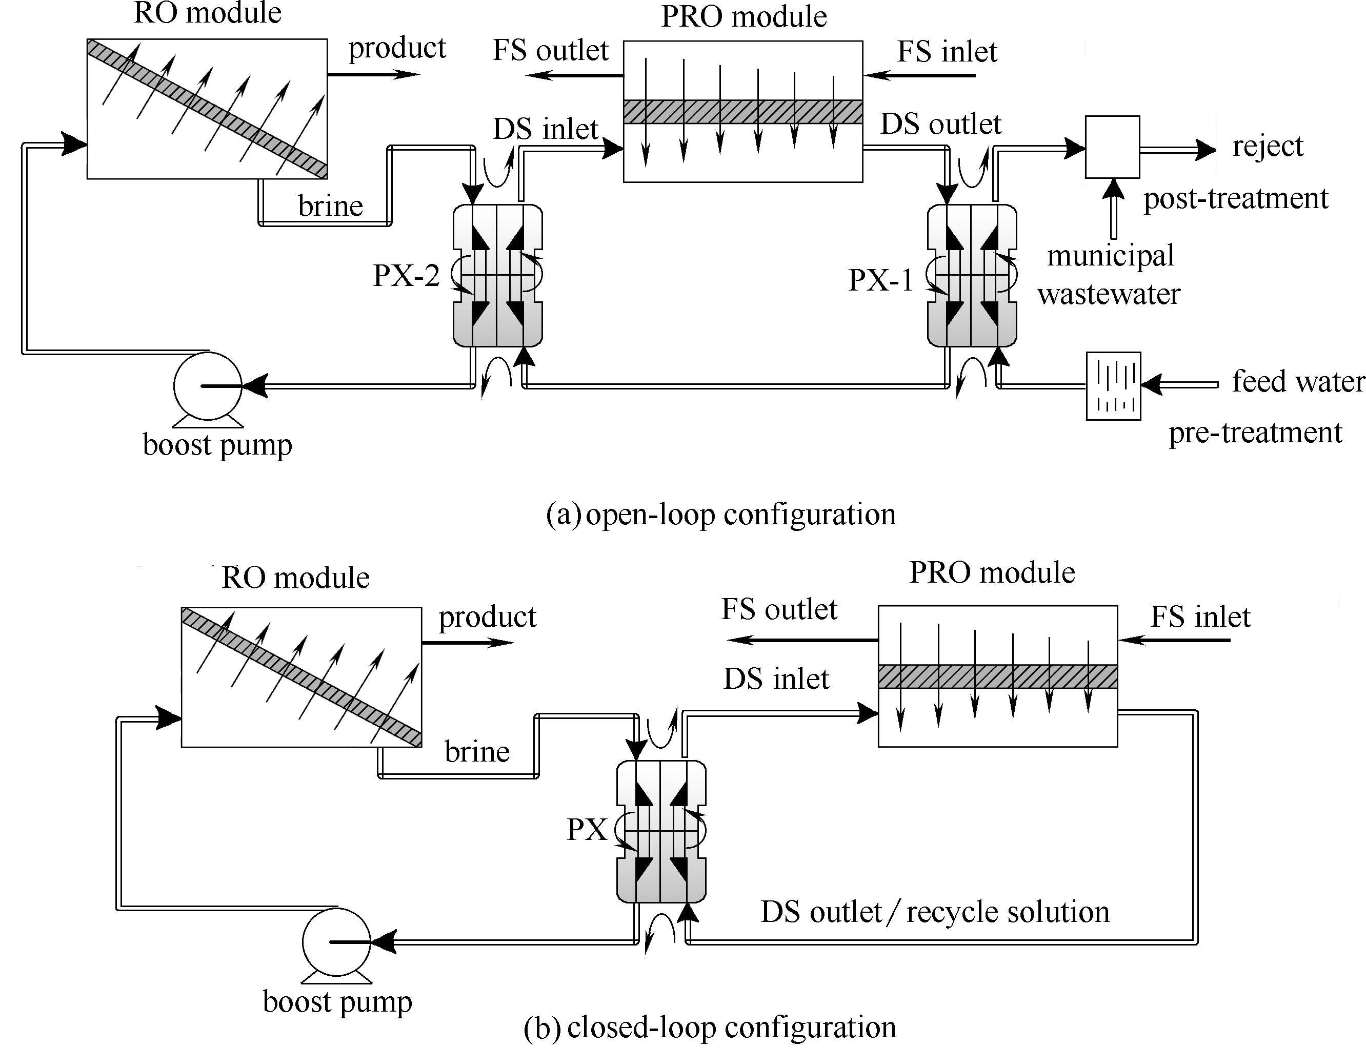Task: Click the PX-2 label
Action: (x=406, y=275)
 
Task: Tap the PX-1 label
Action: (x=880, y=280)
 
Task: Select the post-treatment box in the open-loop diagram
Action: (x=1112, y=147)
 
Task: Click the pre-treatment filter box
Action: (x=1113, y=386)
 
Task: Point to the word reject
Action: (x=1268, y=147)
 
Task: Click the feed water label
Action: (x=1298, y=381)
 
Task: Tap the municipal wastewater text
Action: (x=1110, y=275)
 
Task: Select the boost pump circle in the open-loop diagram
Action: (x=207, y=386)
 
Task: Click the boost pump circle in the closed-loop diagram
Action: (x=336, y=942)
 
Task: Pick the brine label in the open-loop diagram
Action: (x=330, y=206)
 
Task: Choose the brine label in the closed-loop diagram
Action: (x=477, y=752)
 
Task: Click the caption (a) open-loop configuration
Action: (x=721, y=515)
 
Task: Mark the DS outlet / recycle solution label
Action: (x=935, y=912)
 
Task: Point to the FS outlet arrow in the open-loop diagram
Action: (x=574, y=75)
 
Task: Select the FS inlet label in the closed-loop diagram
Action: (x=1200, y=617)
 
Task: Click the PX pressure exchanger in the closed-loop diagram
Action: (x=661, y=832)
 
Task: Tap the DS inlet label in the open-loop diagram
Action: (x=546, y=129)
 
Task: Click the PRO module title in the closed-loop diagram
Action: (x=992, y=572)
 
